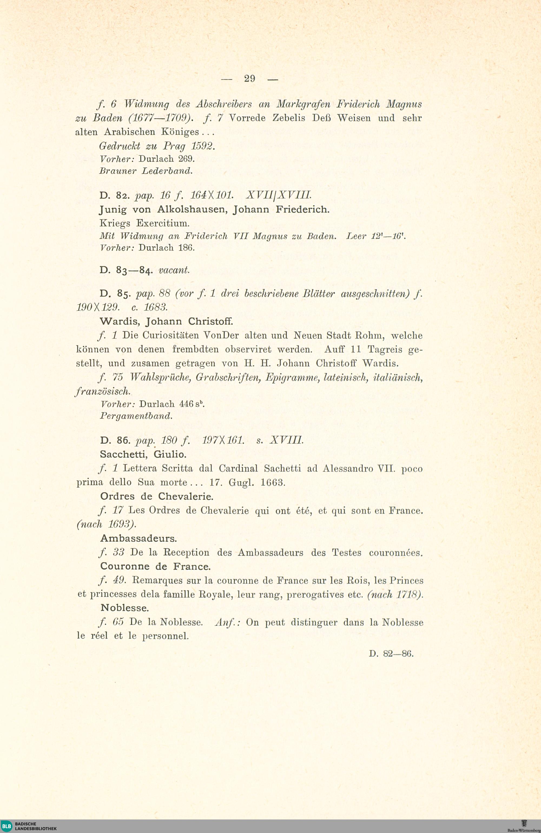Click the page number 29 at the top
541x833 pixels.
tap(249, 79)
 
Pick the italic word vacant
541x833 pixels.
tap(174, 270)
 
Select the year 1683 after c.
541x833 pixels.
tap(156, 307)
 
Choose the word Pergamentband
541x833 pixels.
tap(136, 416)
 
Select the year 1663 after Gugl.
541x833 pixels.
tap(273, 482)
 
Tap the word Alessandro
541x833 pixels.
tap(348, 468)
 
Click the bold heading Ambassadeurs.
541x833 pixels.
tap(138, 538)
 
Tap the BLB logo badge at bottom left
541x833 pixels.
tap(6, 826)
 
